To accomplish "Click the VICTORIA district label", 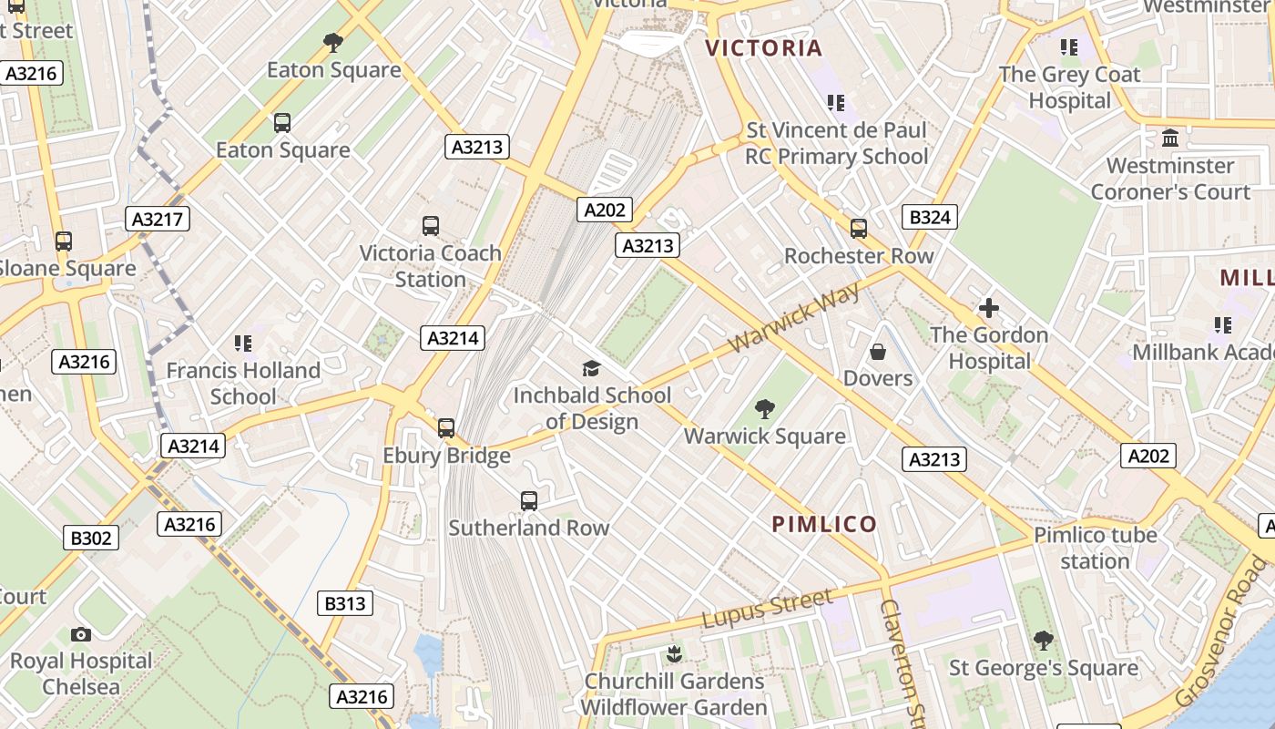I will (x=764, y=48).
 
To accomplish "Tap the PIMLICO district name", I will (x=824, y=524).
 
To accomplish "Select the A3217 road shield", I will (x=158, y=219).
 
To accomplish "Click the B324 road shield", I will (x=930, y=217).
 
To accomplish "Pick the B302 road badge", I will (x=91, y=538).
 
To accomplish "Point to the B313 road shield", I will (x=345, y=603).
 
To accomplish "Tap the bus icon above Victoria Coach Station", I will (x=431, y=226).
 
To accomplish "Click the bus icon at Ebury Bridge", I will (x=446, y=428).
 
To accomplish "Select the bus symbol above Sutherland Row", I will (x=529, y=500).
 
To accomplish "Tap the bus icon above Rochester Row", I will (x=859, y=229).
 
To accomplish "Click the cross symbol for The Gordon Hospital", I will (x=988, y=308).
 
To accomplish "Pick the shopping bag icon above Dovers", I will (x=878, y=351).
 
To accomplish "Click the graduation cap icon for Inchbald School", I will (x=592, y=368).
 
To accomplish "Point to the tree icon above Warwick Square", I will (x=765, y=409).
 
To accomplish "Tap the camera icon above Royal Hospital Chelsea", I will (x=81, y=634).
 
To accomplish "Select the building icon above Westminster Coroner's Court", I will (x=1170, y=139).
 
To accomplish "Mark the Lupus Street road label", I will (x=767, y=609).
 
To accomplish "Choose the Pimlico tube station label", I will (x=1095, y=548).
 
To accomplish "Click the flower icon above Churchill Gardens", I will (x=674, y=653).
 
